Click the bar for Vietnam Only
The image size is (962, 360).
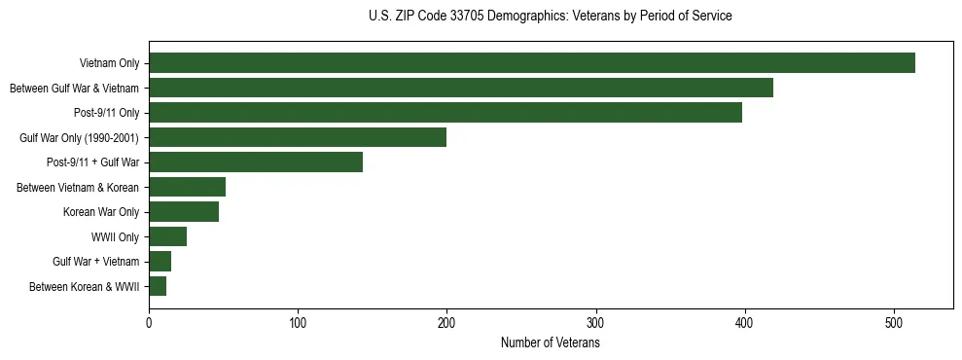532,63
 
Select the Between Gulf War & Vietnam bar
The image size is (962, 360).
461,89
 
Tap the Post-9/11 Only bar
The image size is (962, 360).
445,113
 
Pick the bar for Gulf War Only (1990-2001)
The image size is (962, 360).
298,137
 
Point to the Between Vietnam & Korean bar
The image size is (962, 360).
187,187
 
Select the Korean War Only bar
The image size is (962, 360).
184,212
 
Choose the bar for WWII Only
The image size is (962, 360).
167,236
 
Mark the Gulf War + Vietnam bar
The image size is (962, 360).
160,262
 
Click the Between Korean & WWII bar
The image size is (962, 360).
158,286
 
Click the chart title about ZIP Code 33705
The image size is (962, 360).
551,17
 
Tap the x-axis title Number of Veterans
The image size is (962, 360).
551,343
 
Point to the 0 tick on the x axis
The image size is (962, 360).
149,323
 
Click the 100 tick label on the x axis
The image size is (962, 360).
298,323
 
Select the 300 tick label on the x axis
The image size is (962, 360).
596,323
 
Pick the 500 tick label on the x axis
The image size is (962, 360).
894,323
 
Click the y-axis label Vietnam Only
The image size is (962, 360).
109,64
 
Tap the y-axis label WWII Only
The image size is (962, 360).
115,237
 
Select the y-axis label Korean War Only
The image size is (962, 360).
101,212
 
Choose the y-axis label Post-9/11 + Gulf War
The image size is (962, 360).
92,162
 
